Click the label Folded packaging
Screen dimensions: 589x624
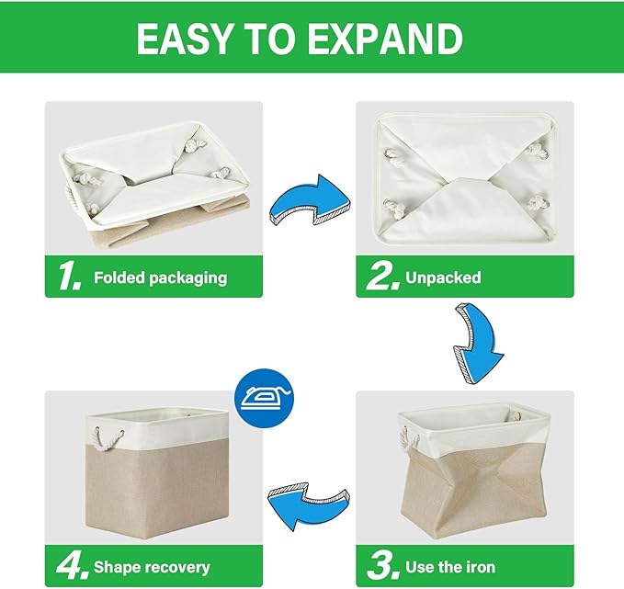coord(160,278)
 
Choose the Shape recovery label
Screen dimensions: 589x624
coord(152,568)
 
